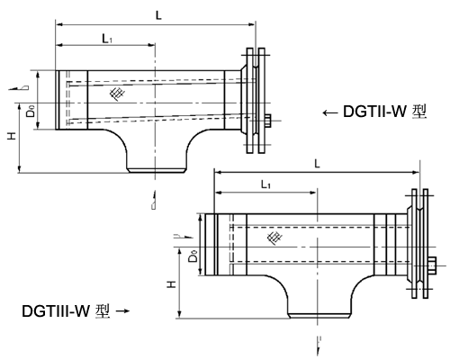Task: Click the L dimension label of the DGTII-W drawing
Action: [158, 14]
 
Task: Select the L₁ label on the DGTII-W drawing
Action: [106, 38]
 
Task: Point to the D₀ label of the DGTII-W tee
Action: [31, 112]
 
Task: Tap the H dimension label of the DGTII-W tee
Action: [11, 135]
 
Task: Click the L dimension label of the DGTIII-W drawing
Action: [317, 163]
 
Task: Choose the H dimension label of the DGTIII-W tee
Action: [172, 283]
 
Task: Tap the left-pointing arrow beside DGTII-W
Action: [329, 113]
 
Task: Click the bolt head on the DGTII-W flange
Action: [268, 121]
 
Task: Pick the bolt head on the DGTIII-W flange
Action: [432, 265]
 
